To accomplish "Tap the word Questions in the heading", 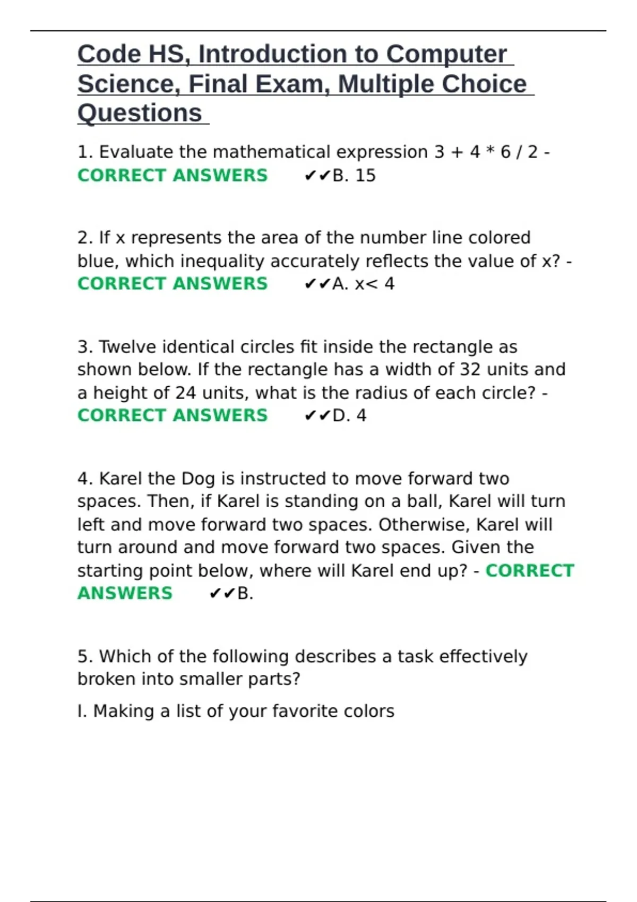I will point(140,113).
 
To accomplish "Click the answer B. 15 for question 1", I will point(354,176).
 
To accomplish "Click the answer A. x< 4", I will point(363,284).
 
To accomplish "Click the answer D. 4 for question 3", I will point(349,415).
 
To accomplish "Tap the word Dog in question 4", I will point(198,479).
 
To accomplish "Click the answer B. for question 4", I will point(245,593).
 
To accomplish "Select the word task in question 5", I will point(415,656).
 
